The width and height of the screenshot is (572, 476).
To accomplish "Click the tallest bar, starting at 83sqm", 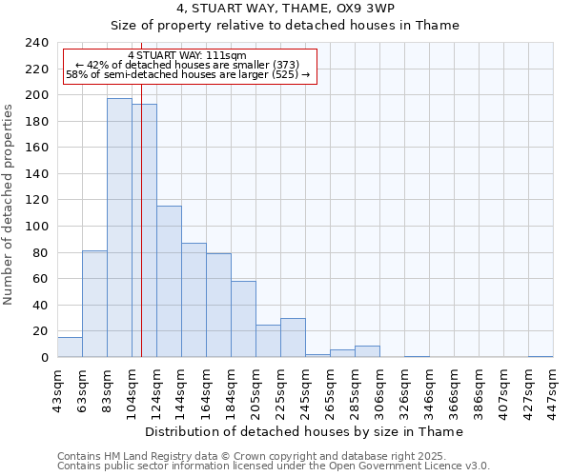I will tap(119, 228).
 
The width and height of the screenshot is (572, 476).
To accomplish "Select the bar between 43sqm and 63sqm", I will tap(70, 347).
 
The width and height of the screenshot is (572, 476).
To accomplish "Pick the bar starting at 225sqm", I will tap(293, 338).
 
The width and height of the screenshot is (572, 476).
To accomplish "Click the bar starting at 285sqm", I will tap(367, 351).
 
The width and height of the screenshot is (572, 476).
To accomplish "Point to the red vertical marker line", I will tap(141, 238).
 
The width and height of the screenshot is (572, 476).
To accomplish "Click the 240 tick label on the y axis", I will tap(36, 43).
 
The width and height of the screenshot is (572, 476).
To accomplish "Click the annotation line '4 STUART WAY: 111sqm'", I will tap(187, 55).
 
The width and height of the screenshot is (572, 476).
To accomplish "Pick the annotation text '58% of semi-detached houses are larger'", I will tap(187, 75).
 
